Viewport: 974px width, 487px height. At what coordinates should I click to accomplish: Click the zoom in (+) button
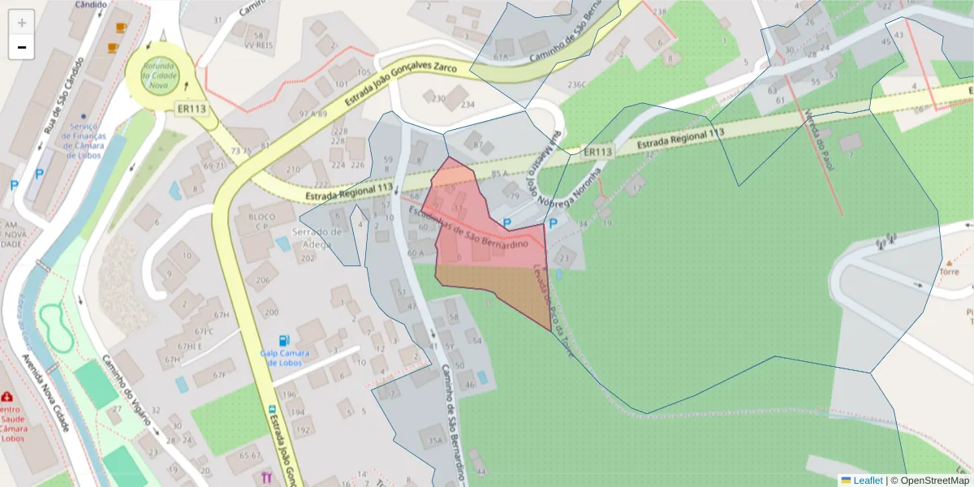pyautogui.click(x=22, y=23)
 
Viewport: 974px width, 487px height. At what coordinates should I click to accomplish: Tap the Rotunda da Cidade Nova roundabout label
pyautogui.click(x=159, y=75)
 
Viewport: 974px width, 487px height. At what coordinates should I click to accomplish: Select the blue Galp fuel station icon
pyautogui.click(x=282, y=341)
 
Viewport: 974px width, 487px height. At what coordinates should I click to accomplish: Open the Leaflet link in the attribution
pyautogui.click(x=867, y=480)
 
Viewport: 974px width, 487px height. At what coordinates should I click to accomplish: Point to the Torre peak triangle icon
pyautogui.click(x=949, y=263)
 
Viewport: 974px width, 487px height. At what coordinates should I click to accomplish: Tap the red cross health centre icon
pyautogui.click(x=7, y=397)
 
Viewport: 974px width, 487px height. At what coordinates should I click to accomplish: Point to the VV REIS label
pyautogui.click(x=260, y=45)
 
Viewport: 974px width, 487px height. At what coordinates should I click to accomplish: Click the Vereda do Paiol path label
pyautogui.click(x=819, y=130)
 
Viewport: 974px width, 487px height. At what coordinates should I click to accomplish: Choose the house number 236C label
pyautogui.click(x=577, y=84)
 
